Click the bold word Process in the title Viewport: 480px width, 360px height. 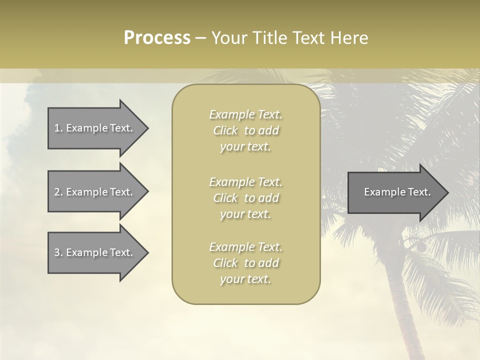(x=157, y=38)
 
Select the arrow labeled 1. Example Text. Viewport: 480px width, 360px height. (x=95, y=128)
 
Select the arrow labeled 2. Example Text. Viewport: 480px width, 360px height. (x=95, y=192)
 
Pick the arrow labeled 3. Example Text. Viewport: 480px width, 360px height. (x=95, y=252)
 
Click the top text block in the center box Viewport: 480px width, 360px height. (x=246, y=130)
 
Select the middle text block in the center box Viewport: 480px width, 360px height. (x=246, y=198)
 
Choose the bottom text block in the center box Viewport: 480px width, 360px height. (x=246, y=263)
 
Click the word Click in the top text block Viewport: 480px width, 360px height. (x=225, y=130)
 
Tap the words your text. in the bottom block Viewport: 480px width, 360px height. (x=245, y=279)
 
